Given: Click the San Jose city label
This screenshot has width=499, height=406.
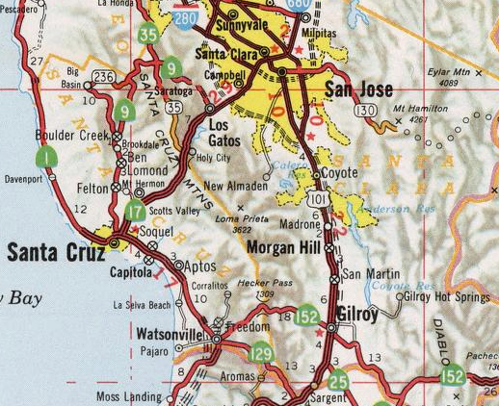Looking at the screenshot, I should pos(358,90).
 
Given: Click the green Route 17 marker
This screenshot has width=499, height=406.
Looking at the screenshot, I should pos(135,209).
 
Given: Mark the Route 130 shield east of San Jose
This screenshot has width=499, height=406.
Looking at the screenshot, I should pos(364,112).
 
